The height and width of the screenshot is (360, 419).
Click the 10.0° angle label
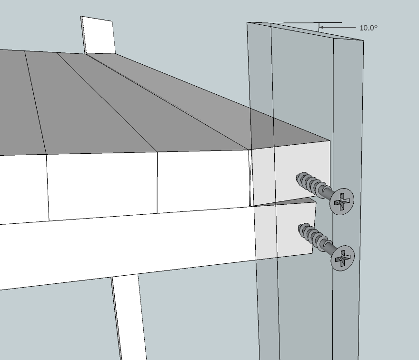coord(369,28)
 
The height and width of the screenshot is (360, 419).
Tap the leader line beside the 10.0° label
coord(338,27)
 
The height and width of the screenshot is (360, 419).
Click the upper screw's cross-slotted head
coord(342,201)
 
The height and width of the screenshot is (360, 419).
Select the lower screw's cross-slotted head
coord(342,258)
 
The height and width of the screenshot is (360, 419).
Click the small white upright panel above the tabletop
coord(98,36)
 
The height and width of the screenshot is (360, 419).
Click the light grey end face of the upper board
coord(291,174)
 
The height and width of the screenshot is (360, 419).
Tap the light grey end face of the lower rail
coord(285,230)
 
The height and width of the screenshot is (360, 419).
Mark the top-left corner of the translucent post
coord(247,22)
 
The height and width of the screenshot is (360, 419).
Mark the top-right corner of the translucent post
coord(364,40)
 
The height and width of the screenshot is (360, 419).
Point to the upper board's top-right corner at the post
coord(330,140)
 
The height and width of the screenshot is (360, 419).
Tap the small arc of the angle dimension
coord(319,27)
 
